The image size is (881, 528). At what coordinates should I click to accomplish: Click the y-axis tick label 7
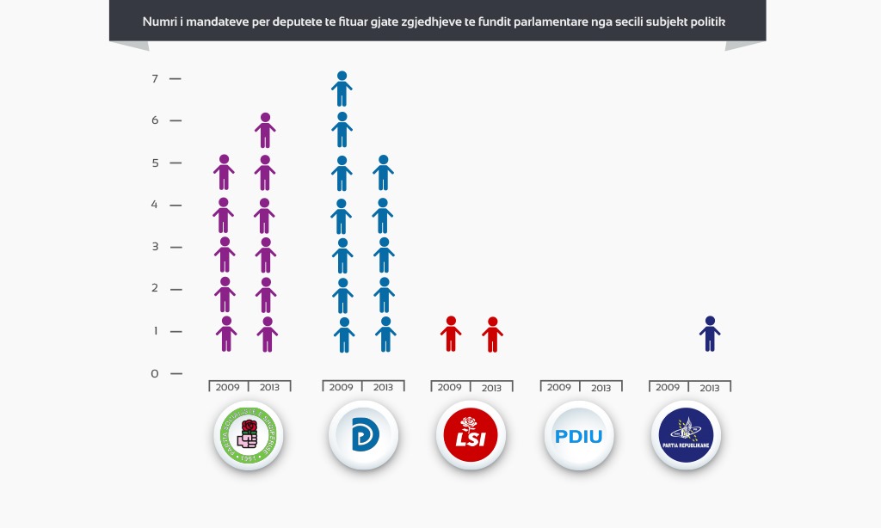[x=155, y=79]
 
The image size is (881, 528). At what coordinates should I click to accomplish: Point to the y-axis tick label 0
[x=155, y=374]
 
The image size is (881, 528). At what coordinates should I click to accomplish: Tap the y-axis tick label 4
[x=155, y=205]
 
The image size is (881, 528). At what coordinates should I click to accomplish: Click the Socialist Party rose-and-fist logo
[x=248, y=435]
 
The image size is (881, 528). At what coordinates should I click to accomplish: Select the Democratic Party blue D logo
[x=363, y=435]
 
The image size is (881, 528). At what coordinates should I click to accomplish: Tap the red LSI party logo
[x=471, y=435]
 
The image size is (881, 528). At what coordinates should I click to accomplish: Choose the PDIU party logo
[x=579, y=435]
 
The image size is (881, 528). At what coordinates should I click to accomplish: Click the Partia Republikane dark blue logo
[x=686, y=435]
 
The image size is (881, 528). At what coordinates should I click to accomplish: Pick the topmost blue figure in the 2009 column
[x=342, y=89]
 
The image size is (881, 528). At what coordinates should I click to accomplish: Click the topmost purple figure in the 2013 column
[x=265, y=130]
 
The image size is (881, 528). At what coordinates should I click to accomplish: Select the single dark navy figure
[x=710, y=334]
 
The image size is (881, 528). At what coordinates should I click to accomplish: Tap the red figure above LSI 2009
[x=450, y=334]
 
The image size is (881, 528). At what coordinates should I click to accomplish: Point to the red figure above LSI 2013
[x=492, y=335]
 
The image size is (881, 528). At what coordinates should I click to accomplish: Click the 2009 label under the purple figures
[x=228, y=388]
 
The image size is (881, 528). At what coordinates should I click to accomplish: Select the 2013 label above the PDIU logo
[x=601, y=388]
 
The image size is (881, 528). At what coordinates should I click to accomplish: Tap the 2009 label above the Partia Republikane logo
[x=668, y=388]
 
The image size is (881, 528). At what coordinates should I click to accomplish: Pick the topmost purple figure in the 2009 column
[x=224, y=172]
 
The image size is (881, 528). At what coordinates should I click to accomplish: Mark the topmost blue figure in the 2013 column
[x=383, y=172]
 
